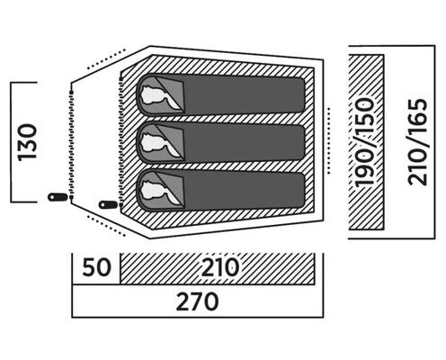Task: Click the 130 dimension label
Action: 27,142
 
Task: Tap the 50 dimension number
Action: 96,267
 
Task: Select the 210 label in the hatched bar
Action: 220,267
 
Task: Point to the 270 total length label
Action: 197,301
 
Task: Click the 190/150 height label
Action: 365,142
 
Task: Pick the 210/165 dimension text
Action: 417,142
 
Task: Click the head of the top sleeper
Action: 152,94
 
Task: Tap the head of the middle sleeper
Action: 152,142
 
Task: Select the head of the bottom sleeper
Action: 152,190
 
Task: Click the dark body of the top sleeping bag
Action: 245,94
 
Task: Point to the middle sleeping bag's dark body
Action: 245,142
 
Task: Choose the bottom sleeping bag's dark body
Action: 245,190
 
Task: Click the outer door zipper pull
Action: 58,197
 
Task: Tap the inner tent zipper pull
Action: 109,204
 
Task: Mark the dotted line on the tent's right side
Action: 329,140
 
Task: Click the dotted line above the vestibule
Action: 106,58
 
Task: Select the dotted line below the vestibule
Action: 106,225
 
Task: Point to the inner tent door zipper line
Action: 120,141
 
